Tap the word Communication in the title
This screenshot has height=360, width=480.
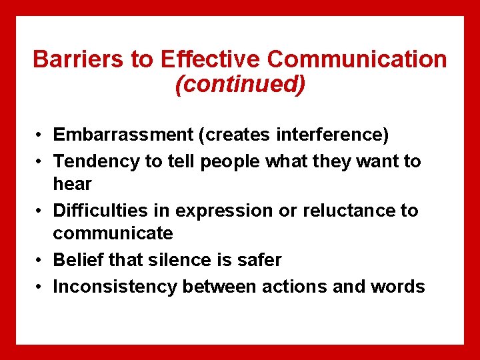point(357,59)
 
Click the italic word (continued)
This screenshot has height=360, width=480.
point(240,84)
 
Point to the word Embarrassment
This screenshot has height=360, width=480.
point(123,135)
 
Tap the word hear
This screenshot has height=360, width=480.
point(72,184)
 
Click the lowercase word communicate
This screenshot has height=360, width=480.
point(113,234)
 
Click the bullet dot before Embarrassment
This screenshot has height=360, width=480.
point(41,136)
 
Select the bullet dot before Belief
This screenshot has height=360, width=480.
point(41,261)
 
